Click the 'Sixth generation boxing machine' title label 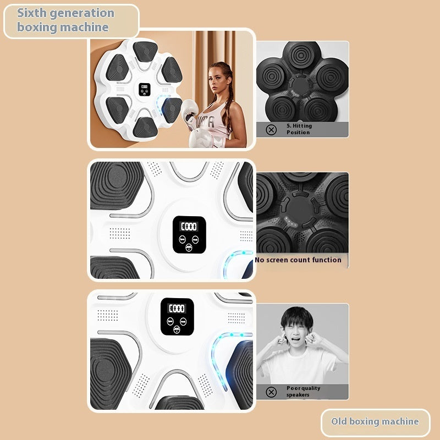pyautogui.click(x=66, y=20)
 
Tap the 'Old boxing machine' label pyautogui.click(x=375, y=422)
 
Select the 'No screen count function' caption pyautogui.click(x=298, y=260)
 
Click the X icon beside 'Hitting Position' pyautogui.click(x=271, y=130)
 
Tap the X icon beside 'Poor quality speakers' pyautogui.click(x=271, y=392)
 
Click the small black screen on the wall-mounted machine pyautogui.click(x=145, y=89)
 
